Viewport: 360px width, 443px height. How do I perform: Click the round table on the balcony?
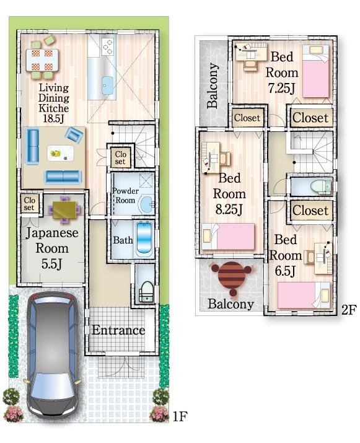(231, 276)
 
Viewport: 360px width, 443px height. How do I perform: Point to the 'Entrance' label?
(118, 330)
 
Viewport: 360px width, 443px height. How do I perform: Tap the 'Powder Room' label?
(125, 196)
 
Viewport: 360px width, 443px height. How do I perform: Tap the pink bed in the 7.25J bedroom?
(317, 73)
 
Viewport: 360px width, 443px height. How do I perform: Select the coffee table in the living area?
(60, 152)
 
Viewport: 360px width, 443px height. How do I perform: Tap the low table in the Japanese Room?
(64, 210)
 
